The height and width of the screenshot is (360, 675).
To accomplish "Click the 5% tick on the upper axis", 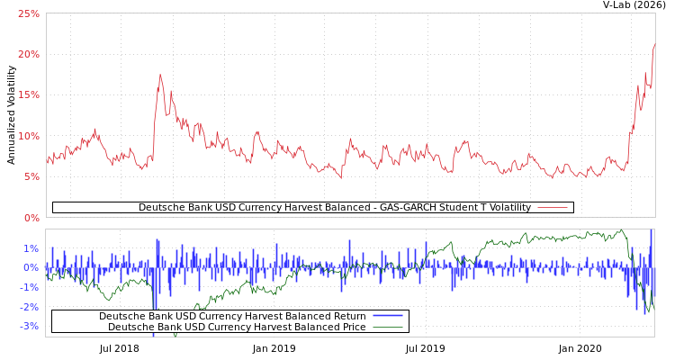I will (31, 177).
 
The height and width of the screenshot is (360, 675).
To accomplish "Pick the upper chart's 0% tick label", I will (31, 218).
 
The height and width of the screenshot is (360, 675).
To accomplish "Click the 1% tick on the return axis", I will (31, 248).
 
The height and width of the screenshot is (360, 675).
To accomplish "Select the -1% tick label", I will (30, 287).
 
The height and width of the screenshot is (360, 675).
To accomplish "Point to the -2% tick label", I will (30, 307).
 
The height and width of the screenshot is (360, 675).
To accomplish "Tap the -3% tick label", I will (30, 326).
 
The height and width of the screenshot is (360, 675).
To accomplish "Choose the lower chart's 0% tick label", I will (31, 267).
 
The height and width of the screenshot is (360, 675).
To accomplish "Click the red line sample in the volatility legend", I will (552, 208).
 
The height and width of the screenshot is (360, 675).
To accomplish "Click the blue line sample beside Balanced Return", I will (387, 316).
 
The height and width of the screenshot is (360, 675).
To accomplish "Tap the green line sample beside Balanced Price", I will (387, 327).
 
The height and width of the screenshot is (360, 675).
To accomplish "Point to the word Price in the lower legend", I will (352, 327).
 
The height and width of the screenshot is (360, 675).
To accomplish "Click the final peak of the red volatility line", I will (654, 44).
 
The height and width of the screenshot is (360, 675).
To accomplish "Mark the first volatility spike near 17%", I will (160, 75).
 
